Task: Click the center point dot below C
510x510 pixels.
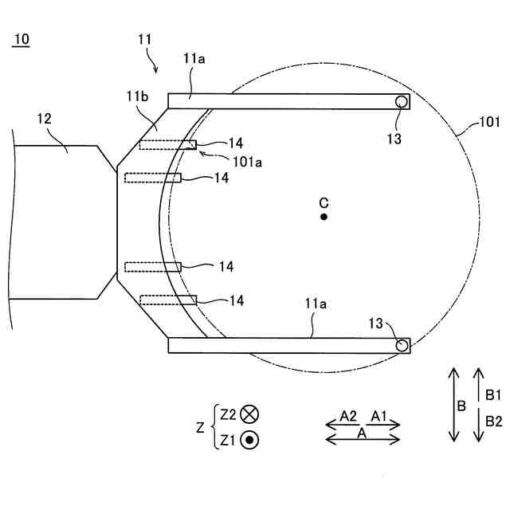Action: click(324, 217)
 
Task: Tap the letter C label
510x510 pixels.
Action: click(324, 200)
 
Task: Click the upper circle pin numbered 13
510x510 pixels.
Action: click(402, 101)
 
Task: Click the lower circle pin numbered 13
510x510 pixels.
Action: click(402, 345)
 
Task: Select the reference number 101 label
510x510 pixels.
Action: click(488, 123)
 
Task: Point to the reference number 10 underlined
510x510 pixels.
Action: click(22, 41)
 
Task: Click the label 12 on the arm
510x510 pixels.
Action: click(45, 120)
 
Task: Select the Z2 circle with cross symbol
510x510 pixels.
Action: click(249, 414)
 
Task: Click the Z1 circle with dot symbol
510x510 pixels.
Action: click(249, 438)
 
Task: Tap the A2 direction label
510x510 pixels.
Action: click(348, 415)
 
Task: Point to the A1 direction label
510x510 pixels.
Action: click(379, 415)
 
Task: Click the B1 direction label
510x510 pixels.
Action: click(493, 394)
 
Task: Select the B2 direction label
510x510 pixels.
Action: click(493, 421)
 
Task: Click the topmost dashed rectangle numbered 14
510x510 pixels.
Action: click(168, 145)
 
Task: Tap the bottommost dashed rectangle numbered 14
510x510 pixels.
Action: click(168, 300)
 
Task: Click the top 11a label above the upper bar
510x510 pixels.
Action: click(194, 59)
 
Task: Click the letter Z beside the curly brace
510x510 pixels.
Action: click(201, 427)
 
